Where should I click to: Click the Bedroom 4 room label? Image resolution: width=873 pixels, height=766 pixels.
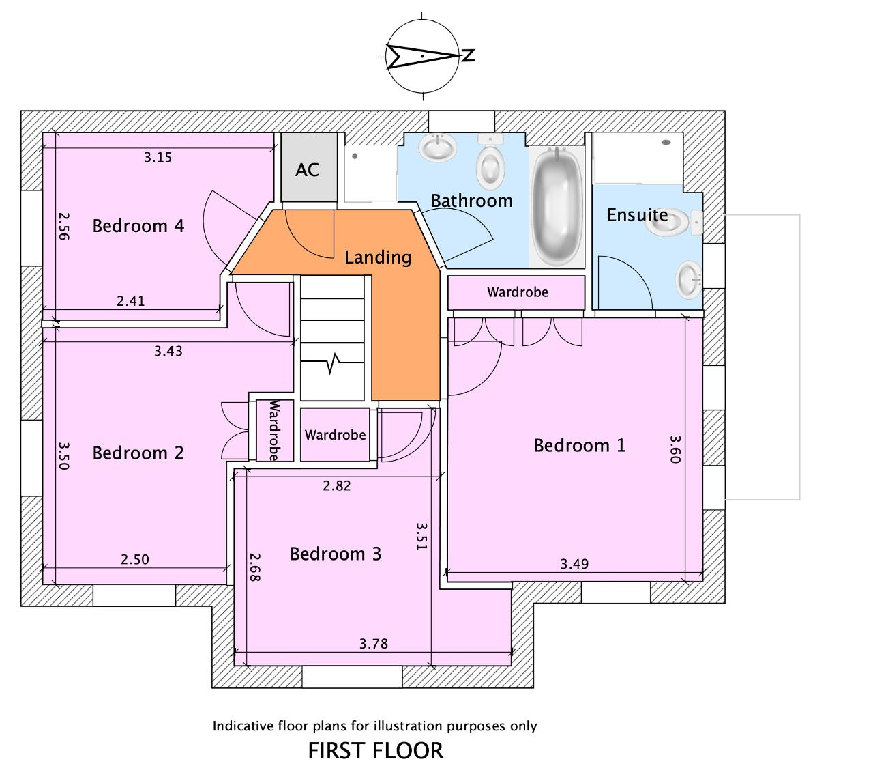(138, 225)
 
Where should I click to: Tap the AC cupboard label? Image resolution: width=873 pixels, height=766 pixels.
(307, 170)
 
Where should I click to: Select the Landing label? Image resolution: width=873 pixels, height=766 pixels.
(378, 257)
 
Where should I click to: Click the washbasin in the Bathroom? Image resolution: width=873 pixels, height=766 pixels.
(437, 147)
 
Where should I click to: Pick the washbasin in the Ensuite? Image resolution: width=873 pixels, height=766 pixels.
(689, 280)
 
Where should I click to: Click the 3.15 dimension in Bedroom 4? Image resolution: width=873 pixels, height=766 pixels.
(158, 158)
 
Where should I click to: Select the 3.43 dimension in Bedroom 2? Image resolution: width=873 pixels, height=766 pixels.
(168, 352)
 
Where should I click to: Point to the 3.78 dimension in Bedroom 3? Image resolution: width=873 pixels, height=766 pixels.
(373, 644)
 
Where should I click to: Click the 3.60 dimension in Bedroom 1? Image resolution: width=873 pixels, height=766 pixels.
(674, 449)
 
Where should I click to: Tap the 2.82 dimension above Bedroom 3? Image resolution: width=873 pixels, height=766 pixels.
(336, 486)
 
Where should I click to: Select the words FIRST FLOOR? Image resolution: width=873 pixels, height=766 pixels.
(375, 751)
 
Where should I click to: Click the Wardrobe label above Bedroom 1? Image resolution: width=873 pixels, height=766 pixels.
(517, 292)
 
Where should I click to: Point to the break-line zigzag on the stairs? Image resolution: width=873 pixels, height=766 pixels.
(334, 363)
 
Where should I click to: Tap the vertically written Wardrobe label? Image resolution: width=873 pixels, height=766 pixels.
(275, 431)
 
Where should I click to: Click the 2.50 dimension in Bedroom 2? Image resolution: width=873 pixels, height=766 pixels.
(134, 560)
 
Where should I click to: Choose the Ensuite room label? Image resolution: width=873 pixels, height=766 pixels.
(637, 215)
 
